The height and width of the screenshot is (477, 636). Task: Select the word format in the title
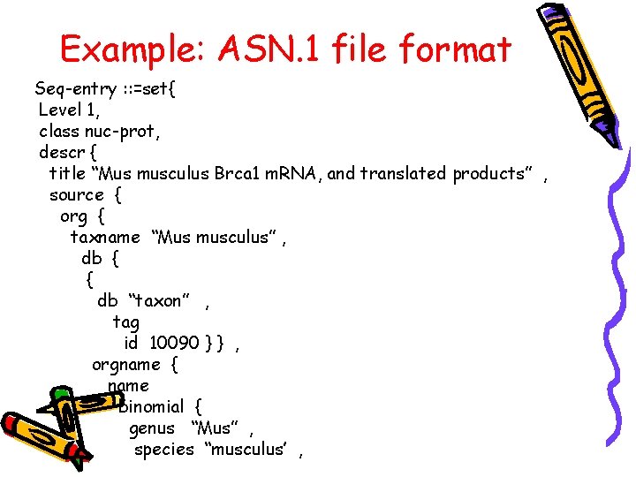[x=455, y=49]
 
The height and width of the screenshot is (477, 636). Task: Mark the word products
[x=488, y=173]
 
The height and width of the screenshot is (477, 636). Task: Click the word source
[x=76, y=194]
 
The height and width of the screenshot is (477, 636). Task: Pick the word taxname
[x=105, y=237]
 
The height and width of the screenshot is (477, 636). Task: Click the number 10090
[x=173, y=343]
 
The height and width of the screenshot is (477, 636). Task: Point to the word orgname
[x=125, y=364]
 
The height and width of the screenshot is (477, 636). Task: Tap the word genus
[x=152, y=428]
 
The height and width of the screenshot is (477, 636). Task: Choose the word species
[x=163, y=450]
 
